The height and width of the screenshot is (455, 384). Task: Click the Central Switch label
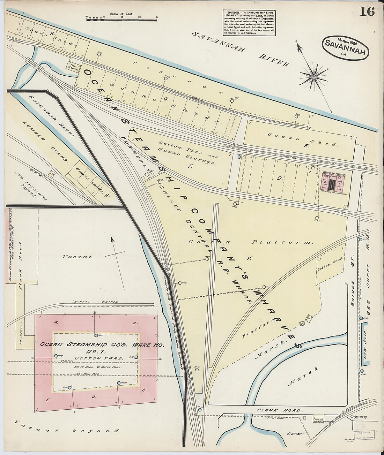click(95, 302)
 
